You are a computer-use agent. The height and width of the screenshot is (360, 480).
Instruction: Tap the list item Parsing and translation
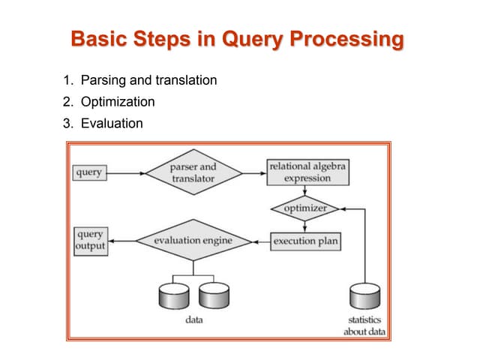153,79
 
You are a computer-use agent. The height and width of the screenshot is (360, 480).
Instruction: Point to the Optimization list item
122,101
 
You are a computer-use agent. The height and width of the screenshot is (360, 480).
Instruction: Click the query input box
89,172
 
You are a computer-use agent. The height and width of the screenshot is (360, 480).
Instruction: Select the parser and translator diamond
193,172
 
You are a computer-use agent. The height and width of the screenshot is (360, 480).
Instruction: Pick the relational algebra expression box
306,172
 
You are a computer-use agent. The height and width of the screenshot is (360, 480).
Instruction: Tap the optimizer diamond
305,208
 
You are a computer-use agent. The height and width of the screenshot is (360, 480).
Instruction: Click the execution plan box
305,241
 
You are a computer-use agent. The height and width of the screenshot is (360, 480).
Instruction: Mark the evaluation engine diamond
193,241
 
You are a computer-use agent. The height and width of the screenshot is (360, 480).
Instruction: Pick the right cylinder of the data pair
214,296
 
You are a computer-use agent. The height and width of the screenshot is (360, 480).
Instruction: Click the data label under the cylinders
193,320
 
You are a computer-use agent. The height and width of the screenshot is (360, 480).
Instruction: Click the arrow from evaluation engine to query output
121,241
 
